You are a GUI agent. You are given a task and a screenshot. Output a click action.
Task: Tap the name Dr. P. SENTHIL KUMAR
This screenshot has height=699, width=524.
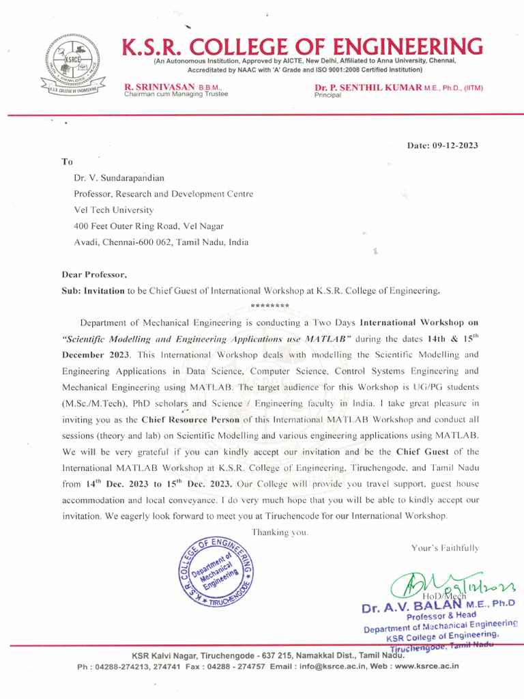(x=368, y=89)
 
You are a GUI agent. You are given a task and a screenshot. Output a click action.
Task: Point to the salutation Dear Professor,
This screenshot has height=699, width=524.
(x=94, y=274)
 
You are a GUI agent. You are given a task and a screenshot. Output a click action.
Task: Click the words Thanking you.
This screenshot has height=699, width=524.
(x=280, y=532)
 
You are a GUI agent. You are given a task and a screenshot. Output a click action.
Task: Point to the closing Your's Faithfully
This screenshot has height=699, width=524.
(x=445, y=547)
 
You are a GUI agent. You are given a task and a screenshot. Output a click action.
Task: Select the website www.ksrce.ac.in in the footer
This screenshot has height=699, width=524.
(x=426, y=666)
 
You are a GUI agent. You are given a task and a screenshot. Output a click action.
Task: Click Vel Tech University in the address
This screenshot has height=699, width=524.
(x=113, y=210)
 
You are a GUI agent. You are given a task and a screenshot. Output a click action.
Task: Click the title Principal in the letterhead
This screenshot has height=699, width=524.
(x=327, y=96)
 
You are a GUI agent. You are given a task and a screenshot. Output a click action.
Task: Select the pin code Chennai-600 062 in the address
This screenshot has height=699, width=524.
(x=130, y=242)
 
